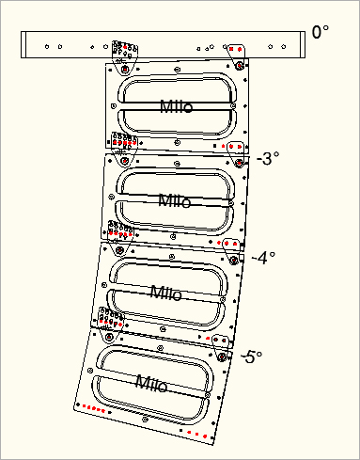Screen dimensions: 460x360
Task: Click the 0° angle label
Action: pyautogui.click(x=321, y=33)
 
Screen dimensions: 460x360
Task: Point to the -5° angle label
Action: pyautogui.click(x=250, y=357)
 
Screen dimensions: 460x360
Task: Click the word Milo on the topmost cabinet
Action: pyautogui.click(x=177, y=106)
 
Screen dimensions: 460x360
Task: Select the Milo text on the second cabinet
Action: pyautogui.click(x=174, y=200)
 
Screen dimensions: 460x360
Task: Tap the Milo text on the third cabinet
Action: pyautogui.click(x=167, y=292)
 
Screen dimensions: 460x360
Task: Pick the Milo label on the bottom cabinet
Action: pyautogui.click(x=151, y=382)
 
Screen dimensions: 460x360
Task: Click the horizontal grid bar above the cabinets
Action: pyautogui.click(x=164, y=46)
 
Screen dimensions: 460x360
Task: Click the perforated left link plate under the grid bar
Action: pyautogui.click(x=123, y=55)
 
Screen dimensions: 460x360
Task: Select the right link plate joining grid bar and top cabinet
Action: pyautogui.click(x=237, y=56)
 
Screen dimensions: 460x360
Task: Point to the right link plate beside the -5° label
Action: pyautogui.click(x=221, y=344)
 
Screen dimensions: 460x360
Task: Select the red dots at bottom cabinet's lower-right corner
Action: pyautogui.click(x=198, y=434)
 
